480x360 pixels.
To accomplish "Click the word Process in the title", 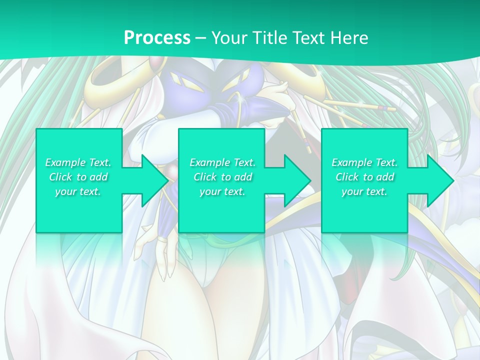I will tap(157, 38).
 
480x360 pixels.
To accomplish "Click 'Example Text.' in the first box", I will tap(78, 162).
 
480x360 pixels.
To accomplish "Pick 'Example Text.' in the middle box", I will tap(222, 162).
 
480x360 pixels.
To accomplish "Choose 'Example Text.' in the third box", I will tap(364, 162).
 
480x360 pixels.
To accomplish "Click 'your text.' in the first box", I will tap(78, 191).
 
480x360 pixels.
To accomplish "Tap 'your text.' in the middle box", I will tap(222, 191).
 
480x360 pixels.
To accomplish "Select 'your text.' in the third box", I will tap(364, 191).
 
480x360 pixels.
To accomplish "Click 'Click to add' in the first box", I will tap(78, 177).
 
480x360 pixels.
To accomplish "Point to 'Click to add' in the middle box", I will tap(222, 177).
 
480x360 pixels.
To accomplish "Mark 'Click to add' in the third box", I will tap(364, 177).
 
